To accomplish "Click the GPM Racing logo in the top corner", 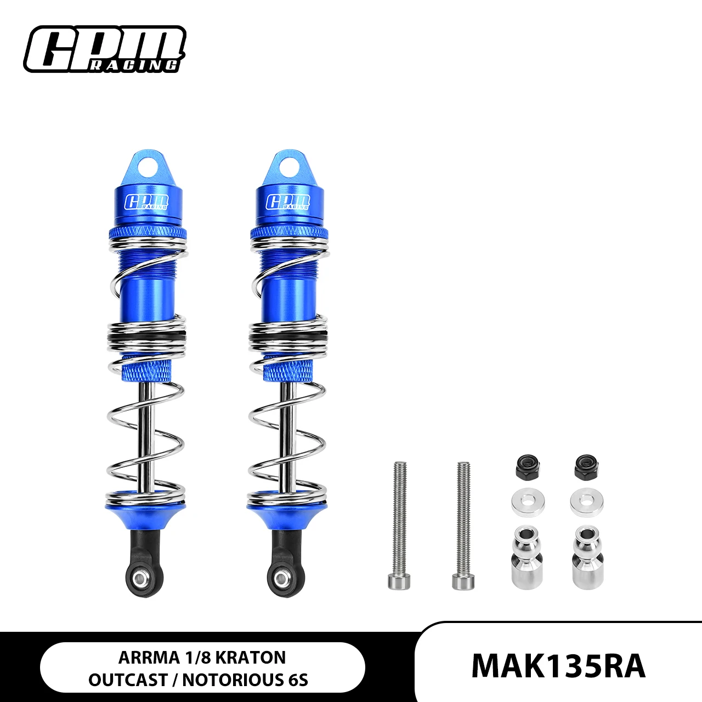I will (104, 49).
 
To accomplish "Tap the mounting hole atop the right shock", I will (288, 164).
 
